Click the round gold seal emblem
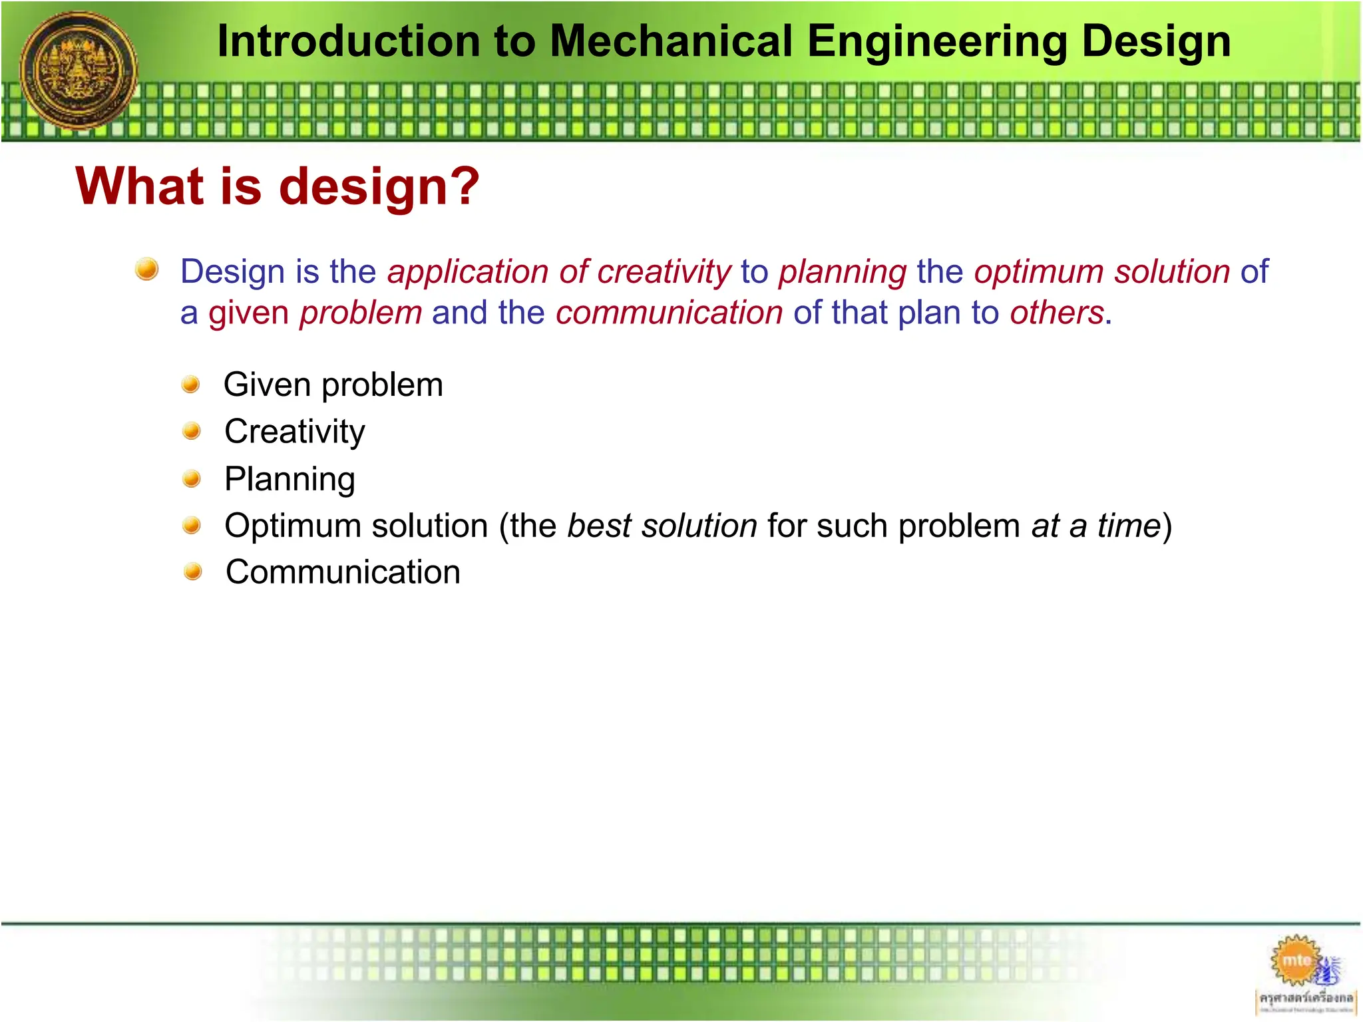pyautogui.click(x=79, y=70)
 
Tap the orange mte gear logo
pyautogui.click(x=1294, y=960)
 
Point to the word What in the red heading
pyautogui.click(x=140, y=186)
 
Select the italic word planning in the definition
pyautogui.click(x=843, y=272)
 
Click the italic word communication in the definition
pyautogui.click(x=669, y=313)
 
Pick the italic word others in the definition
pyautogui.click(x=1056, y=313)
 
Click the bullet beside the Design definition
pyautogui.click(x=146, y=269)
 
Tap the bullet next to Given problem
pyautogui.click(x=191, y=385)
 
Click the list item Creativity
pyautogui.click(x=295, y=432)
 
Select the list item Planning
pyautogui.click(x=290, y=479)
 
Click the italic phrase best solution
pyautogui.click(x=662, y=526)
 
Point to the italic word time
pyautogui.click(x=1129, y=526)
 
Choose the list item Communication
pyautogui.click(x=343, y=572)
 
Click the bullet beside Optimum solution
pyautogui.click(x=192, y=526)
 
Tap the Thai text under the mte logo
pyautogui.click(x=1306, y=998)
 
